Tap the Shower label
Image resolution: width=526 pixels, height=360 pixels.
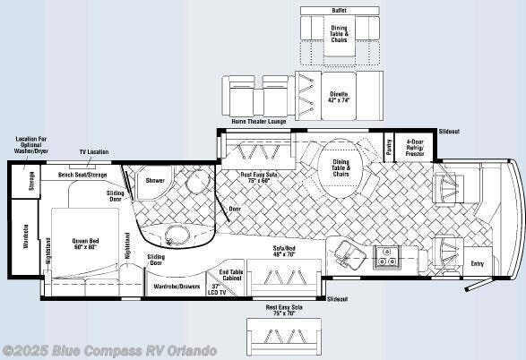point(155,180)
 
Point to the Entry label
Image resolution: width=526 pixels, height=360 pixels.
point(476,262)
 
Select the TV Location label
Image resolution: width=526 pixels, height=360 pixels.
point(94,152)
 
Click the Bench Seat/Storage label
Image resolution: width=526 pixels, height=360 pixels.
point(82,175)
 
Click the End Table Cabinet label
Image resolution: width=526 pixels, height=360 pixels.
point(231,276)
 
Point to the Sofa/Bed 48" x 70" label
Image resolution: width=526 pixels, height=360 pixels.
point(284,250)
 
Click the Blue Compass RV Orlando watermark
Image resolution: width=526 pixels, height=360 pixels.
point(109,350)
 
